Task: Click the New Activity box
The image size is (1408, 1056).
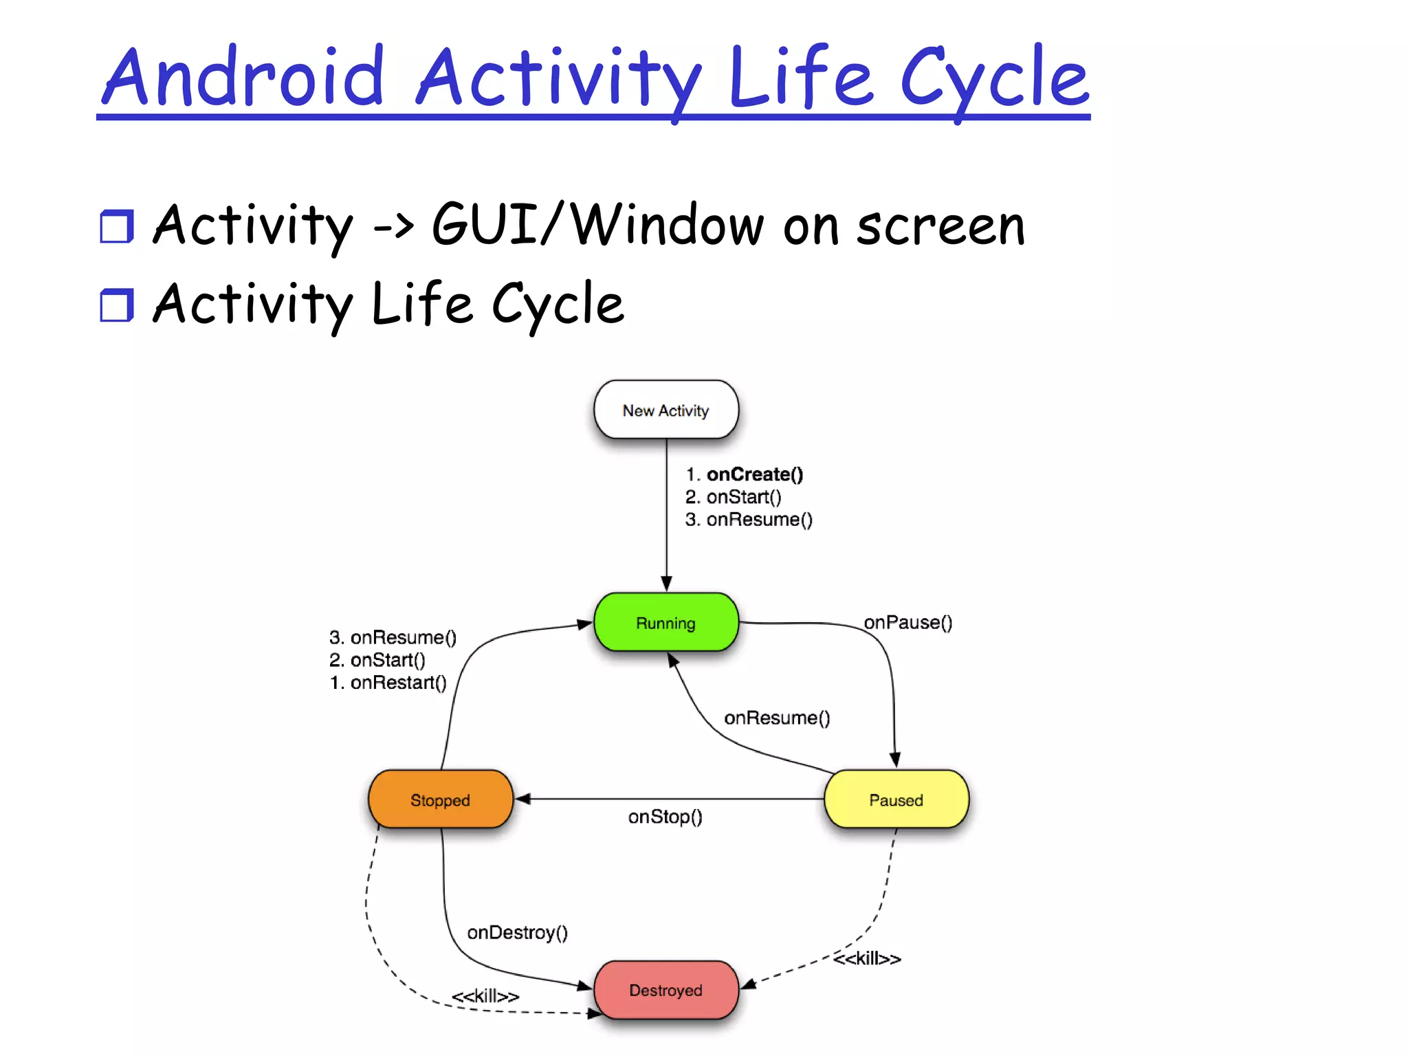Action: coord(665,410)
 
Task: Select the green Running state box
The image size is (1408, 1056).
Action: coord(665,623)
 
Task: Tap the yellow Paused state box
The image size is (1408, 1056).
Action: coord(896,800)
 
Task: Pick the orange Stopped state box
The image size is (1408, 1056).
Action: coord(440,800)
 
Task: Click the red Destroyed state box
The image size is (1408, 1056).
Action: coord(665,990)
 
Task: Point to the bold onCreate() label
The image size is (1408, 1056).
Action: coord(754,474)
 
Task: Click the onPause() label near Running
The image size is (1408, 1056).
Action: coord(907,622)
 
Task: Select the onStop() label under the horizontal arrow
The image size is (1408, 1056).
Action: coord(665,817)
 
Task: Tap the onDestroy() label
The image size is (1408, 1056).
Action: coord(517,932)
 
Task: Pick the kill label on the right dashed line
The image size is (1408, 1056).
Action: coord(866,958)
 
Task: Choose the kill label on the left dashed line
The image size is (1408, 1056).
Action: coord(485,995)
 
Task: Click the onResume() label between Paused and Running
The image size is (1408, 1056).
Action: coord(777,718)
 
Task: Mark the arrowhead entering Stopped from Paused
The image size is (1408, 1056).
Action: coord(522,799)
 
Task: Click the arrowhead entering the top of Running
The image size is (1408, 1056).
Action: coord(666,583)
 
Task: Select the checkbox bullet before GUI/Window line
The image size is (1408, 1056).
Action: coord(116,226)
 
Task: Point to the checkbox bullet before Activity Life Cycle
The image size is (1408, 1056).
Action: coord(116,305)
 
